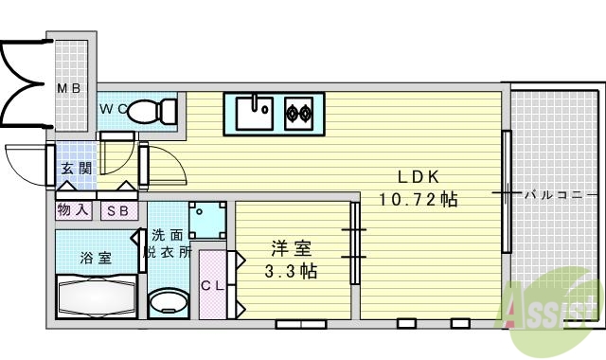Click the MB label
pyautogui.click(x=70, y=89)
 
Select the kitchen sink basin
pyautogui.click(x=255, y=112)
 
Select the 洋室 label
pyautogui.click(x=292, y=248)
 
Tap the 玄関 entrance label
pyautogui.click(x=76, y=170)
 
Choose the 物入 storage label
pyautogui.click(x=74, y=211)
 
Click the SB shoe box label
pyautogui.click(x=118, y=211)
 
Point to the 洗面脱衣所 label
pyautogui.click(x=168, y=243)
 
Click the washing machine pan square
pyautogui.click(x=208, y=220)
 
